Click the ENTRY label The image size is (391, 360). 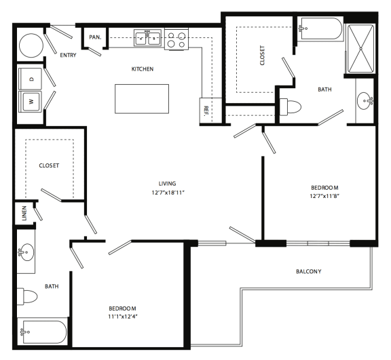pos(68,56)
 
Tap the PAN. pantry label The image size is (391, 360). pos(94,37)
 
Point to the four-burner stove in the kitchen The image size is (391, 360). pos(177,39)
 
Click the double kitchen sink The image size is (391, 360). pos(147,39)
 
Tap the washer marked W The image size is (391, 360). pos(30,102)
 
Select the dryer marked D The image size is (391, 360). pos(30,79)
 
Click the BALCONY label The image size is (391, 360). pos(308,272)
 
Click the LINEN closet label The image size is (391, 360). pos(24,212)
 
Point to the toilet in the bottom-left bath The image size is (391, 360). pos(31,296)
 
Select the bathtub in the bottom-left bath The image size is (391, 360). pos(42,332)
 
